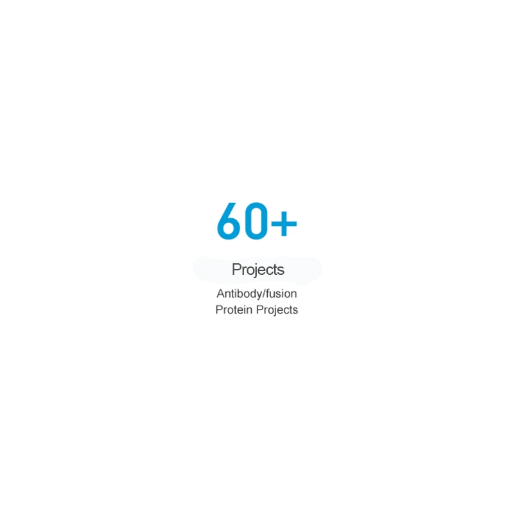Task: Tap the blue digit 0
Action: tap(256, 221)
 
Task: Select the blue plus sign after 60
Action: tap(284, 223)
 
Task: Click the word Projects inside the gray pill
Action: tap(258, 270)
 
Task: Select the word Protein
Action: tap(234, 310)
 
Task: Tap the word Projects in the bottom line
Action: tap(277, 310)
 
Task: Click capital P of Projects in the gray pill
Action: tap(236, 269)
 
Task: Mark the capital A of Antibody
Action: tap(221, 293)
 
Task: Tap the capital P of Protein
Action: tap(220, 310)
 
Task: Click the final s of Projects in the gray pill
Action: tap(281, 271)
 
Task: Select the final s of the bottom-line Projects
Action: tap(295, 311)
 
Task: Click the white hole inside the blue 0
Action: tap(256, 221)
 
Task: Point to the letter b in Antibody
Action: tap(241, 293)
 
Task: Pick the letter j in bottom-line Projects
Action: tap(272, 311)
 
